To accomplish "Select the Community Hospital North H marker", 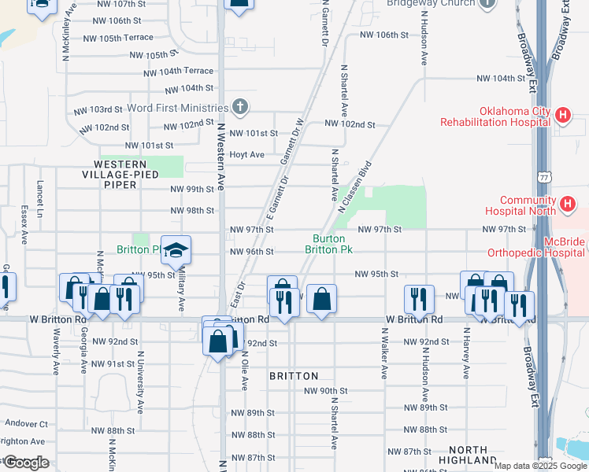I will tap(567, 205).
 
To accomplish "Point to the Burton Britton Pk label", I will tap(328, 243).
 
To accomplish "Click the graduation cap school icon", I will tap(176, 250).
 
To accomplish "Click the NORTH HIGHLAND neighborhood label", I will tap(463, 454).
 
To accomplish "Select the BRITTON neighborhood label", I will tap(294, 376).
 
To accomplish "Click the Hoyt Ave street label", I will tap(246, 155).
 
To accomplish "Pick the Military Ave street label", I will tap(181, 289).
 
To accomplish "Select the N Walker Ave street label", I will tap(384, 359).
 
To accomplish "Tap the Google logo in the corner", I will tap(25, 463).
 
